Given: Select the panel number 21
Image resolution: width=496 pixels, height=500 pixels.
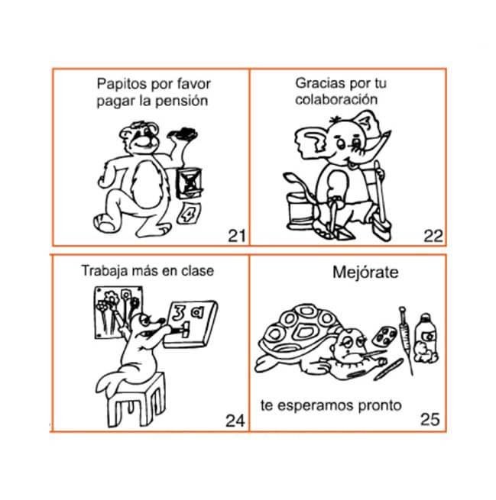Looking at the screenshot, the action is pyautogui.click(x=237, y=236).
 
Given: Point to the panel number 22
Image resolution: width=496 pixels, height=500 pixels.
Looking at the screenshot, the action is pyautogui.click(x=433, y=237).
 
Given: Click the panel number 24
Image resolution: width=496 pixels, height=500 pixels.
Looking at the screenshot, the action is pyautogui.click(x=235, y=421).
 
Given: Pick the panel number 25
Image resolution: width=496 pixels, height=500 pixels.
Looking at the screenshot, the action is pyautogui.click(x=430, y=419).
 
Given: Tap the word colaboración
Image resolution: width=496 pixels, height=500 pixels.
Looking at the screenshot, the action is pyautogui.click(x=336, y=99).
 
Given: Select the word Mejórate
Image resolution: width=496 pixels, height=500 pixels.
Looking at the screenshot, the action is pyautogui.click(x=365, y=273).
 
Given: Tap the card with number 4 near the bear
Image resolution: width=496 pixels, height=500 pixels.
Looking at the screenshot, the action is pyautogui.click(x=190, y=214).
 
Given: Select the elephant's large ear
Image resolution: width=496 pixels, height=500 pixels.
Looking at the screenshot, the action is pyautogui.click(x=312, y=140).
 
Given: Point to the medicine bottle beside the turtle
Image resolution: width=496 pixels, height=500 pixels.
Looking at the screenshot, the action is pyautogui.click(x=426, y=339).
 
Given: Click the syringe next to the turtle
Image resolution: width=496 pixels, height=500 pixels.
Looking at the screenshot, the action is pyautogui.click(x=406, y=340).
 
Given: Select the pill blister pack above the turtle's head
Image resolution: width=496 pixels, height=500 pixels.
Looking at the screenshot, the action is pyautogui.click(x=384, y=336).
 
